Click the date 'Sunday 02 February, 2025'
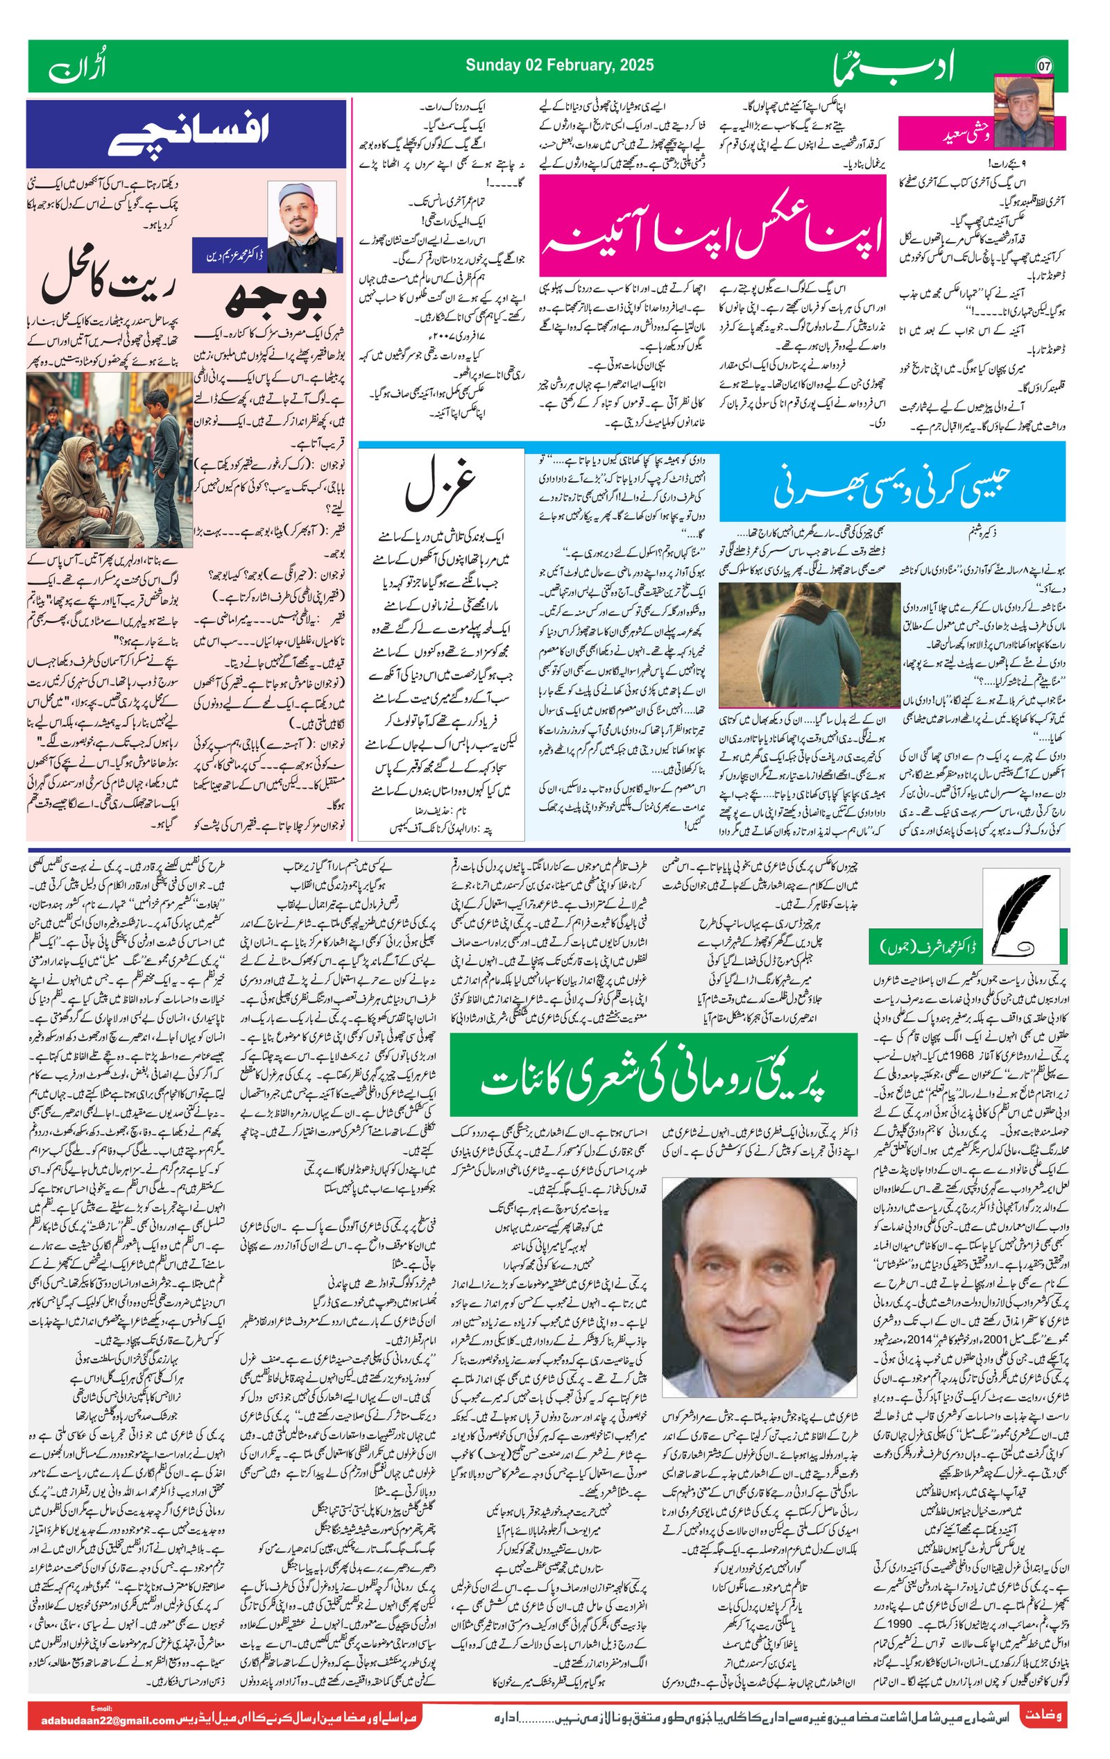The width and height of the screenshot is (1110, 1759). [x=559, y=66]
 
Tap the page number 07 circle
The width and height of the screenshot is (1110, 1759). [x=1044, y=66]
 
